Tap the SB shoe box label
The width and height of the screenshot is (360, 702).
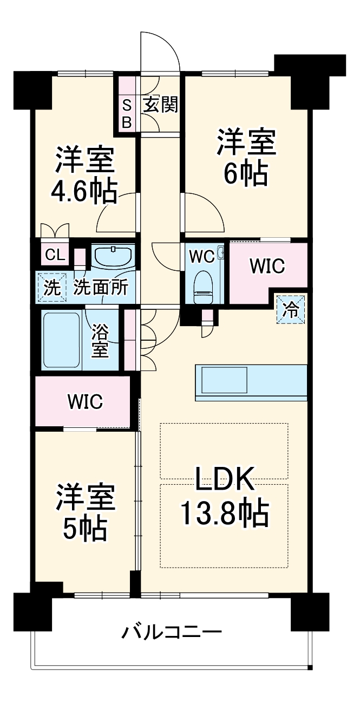tap(126, 113)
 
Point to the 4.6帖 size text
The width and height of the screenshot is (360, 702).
tap(84, 191)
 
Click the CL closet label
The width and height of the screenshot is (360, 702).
tap(55, 255)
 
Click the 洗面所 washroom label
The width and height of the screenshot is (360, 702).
tap(101, 287)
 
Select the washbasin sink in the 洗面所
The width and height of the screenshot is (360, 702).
tap(113, 256)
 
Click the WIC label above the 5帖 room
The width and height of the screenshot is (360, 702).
tap(85, 401)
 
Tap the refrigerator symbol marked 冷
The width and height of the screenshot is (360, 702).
tap(291, 309)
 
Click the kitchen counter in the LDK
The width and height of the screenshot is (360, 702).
tap(251, 383)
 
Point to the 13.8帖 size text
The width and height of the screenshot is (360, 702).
tap(224, 513)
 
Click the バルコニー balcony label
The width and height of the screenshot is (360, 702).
tap(172, 633)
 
